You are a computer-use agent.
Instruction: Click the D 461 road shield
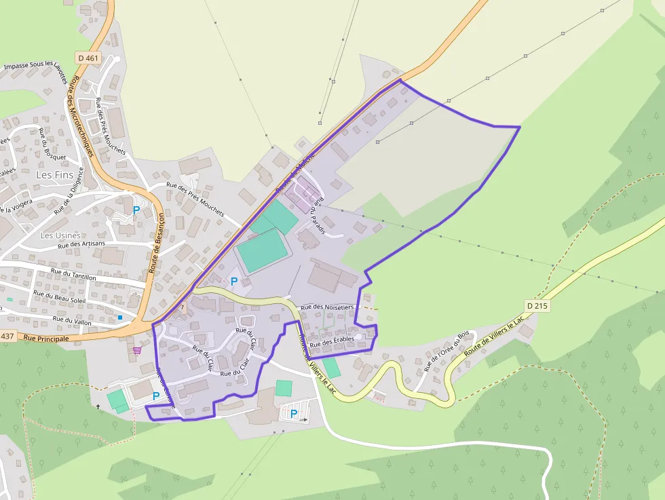coord(88,58)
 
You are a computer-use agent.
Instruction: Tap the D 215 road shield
coord(536,306)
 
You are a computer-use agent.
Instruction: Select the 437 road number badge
coord(7,336)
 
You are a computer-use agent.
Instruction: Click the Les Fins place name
coord(54,176)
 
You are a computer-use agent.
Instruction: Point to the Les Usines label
coord(60,235)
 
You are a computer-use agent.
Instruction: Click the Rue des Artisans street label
coord(81,244)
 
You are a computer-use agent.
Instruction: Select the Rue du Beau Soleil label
coord(60,297)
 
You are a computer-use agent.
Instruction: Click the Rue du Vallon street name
coord(72,319)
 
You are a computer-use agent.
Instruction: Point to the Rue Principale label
coord(46,337)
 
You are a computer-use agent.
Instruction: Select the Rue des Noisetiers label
coord(328,307)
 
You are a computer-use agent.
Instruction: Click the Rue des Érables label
coord(332,341)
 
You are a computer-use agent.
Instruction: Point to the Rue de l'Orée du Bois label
coord(446,351)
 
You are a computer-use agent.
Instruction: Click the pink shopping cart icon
coord(137,350)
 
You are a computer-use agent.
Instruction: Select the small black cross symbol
coord(98,406)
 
